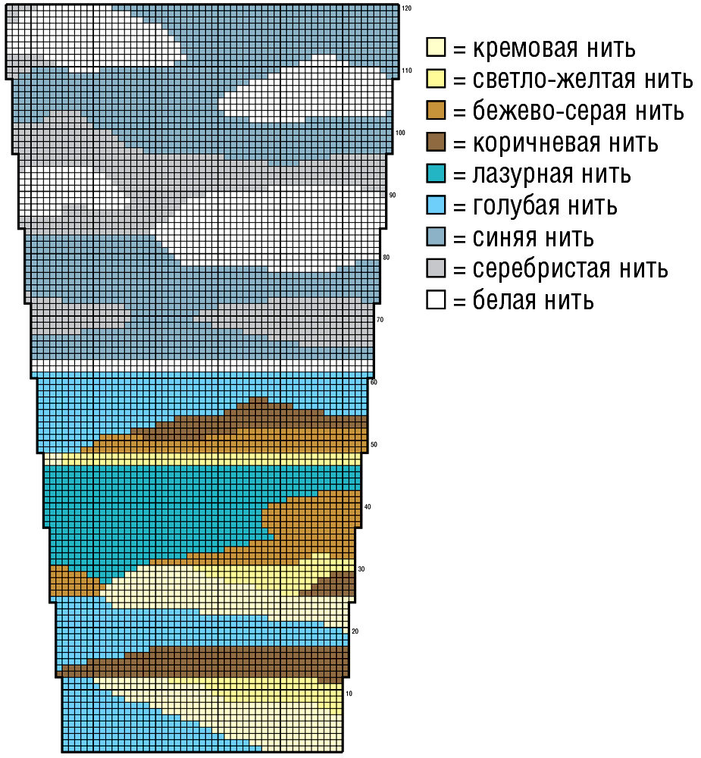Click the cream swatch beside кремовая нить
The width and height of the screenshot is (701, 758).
(x=435, y=48)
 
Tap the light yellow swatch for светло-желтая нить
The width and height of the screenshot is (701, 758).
(x=435, y=79)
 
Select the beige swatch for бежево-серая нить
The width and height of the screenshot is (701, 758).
(x=435, y=111)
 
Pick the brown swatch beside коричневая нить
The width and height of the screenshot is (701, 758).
(x=435, y=142)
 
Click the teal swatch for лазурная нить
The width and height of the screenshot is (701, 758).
(x=435, y=174)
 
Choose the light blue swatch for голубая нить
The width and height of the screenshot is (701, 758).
(x=435, y=205)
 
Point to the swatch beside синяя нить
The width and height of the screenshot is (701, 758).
(x=435, y=237)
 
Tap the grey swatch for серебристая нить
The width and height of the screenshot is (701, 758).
(x=435, y=268)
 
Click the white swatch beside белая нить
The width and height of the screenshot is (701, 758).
(x=435, y=300)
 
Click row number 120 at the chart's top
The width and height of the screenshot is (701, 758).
(x=406, y=8)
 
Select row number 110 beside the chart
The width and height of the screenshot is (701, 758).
(x=406, y=70)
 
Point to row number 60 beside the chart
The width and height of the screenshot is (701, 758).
(x=374, y=382)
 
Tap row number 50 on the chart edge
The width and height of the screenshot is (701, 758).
(x=374, y=445)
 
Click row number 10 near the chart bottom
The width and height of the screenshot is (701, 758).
(x=349, y=694)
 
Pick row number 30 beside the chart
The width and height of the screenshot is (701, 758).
(x=361, y=569)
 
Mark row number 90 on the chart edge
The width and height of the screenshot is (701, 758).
(x=393, y=196)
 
